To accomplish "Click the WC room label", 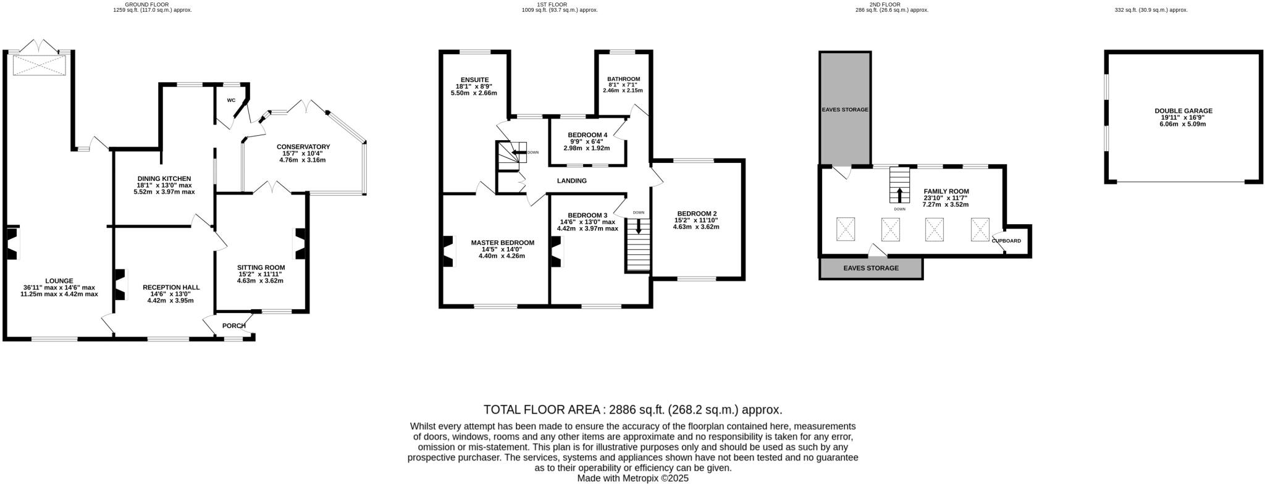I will (231, 100).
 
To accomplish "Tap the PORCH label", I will (233, 325).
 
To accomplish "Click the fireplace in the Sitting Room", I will (301, 244).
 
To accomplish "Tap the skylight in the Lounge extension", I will (39, 65).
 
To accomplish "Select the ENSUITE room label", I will (473, 80).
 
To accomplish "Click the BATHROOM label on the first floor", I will (623, 79).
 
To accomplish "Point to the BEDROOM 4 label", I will (587, 135).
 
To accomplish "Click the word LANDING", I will (571, 181).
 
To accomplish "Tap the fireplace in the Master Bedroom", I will (447, 251).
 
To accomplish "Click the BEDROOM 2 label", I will (696, 213).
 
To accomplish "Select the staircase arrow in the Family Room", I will (899, 194).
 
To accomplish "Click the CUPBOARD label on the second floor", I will (1006, 241).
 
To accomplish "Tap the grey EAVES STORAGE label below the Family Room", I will (871, 268).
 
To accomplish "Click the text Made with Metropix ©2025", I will (632, 478).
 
